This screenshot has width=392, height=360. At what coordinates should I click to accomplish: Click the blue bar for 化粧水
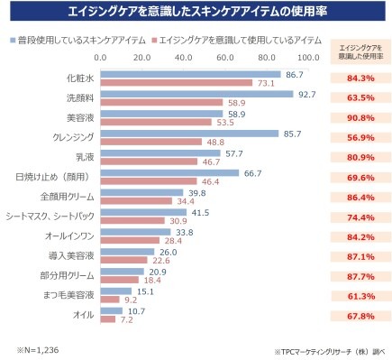190,74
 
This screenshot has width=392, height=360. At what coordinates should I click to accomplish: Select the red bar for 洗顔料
161,103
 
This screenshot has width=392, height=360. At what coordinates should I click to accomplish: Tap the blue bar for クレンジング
189,134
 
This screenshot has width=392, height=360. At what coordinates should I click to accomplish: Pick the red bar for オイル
108,319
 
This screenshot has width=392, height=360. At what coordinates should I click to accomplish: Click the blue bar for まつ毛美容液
116,291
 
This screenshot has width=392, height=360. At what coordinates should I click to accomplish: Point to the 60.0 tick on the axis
225,58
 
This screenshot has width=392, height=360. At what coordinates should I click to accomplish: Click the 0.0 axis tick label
100,58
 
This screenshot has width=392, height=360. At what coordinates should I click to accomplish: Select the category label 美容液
80,117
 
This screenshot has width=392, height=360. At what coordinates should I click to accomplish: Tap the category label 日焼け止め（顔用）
53,177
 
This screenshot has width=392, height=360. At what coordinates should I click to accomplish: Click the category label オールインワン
69,236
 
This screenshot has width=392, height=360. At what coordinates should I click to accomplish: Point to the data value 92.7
307,95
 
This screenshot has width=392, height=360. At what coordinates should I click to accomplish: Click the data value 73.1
266,83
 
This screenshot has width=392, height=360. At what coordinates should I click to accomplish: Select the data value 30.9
178,221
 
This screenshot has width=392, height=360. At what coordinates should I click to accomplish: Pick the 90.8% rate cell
360,118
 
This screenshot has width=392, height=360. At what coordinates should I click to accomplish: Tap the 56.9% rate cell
360,138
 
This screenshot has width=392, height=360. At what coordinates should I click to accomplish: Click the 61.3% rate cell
360,296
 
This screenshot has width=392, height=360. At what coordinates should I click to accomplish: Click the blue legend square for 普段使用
13,40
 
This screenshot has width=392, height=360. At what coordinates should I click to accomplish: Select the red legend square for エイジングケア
154,40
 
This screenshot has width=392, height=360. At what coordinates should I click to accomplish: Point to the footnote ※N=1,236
38,350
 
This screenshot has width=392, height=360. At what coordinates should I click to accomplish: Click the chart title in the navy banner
197,11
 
